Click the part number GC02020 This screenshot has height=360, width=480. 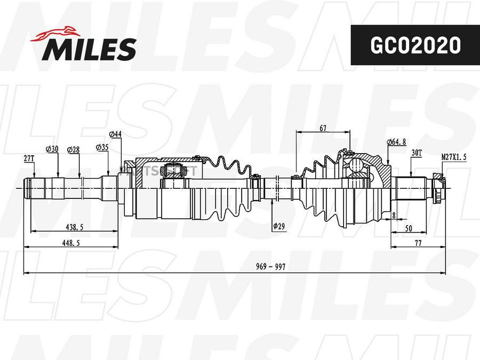pyautogui.click(x=415, y=45)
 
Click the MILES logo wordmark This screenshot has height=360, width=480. pyautogui.click(x=90, y=50)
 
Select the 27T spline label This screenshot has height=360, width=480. pyautogui.click(x=29, y=158)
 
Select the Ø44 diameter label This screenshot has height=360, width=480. pyautogui.click(x=115, y=133)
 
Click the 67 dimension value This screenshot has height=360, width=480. pyautogui.click(x=323, y=128)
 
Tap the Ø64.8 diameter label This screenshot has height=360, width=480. pyautogui.click(x=396, y=142)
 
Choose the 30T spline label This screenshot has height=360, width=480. pyautogui.click(x=417, y=153)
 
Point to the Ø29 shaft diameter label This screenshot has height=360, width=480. pyautogui.click(x=278, y=226)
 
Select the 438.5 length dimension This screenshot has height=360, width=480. pyautogui.click(x=74, y=227)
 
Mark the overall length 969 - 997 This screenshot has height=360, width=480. pyautogui.click(x=270, y=267)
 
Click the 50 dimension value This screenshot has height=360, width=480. pyautogui.click(x=408, y=228)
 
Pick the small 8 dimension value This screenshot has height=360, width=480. pyautogui.click(x=393, y=215)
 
